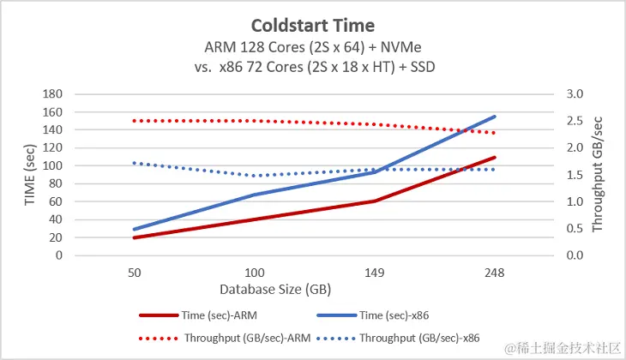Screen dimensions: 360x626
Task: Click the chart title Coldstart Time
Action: (x=313, y=24)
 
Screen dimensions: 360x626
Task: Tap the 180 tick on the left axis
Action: (x=54, y=93)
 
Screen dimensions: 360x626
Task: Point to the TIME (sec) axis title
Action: (x=28, y=174)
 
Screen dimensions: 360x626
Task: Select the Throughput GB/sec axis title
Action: (x=599, y=175)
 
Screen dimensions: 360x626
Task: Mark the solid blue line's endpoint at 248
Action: (x=495, y=117)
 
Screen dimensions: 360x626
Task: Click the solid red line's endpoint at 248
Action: (x=495, y=158)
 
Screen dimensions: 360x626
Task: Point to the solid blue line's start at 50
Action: (x=135, y=229)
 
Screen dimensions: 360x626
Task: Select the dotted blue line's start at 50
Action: (x=135, y=163)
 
